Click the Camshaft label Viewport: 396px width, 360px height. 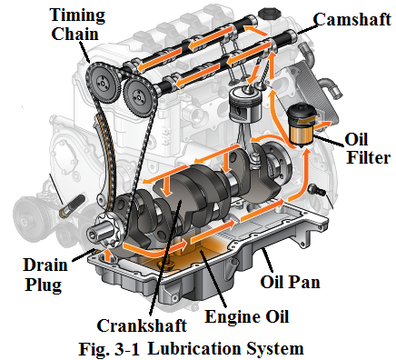point(352,20)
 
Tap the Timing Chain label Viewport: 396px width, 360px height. point(77,25)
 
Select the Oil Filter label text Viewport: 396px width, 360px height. point(368,148)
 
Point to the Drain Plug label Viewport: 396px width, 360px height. point(45,275)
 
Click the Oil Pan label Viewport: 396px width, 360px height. point(290,282)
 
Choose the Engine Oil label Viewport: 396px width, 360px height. point(247,317)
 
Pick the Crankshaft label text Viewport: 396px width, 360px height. point(142,325)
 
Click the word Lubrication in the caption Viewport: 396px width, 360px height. point(196,348)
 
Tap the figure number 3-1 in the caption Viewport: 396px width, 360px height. point(127,349)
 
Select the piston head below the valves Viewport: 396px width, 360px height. point(245,105)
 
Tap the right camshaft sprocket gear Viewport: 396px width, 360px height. point(140,95)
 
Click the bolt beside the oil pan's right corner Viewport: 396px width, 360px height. point(316,190)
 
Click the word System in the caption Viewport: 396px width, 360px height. point(275,348)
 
